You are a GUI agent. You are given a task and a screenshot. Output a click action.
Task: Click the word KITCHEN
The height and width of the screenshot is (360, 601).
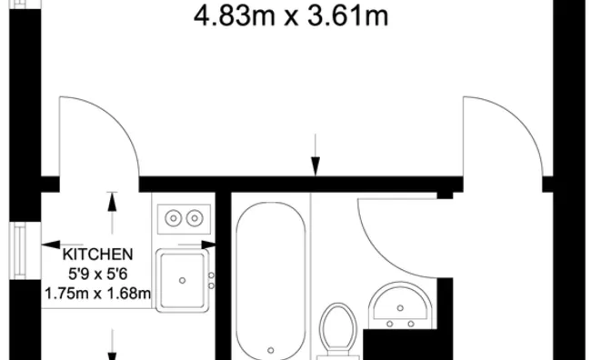pos(97,255)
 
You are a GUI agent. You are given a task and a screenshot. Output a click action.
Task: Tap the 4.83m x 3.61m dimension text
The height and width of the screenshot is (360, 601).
pos(291,16)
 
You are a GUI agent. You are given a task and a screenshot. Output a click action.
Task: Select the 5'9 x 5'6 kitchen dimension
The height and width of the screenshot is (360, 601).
pos(97,275)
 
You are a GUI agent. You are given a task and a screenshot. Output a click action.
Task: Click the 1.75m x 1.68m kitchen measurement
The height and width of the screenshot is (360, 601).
pos(97,294)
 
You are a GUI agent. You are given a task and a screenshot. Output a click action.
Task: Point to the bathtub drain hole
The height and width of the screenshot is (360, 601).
pos(271,350)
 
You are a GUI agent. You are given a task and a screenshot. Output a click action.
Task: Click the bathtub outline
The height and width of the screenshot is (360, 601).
pos(236,280)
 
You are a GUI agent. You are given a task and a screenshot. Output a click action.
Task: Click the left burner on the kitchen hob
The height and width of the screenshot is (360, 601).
pos(174,218)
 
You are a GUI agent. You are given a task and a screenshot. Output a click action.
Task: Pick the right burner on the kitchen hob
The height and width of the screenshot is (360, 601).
pos(195,218)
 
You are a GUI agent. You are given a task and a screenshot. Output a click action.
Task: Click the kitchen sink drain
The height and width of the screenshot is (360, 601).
pos(183,281)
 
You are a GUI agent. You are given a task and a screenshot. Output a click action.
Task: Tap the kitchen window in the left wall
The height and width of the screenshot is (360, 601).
pos(20,251)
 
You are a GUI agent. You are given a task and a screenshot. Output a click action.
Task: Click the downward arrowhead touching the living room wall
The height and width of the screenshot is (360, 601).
pos(316,166)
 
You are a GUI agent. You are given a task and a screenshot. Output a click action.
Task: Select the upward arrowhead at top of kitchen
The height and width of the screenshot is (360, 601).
pos(112,202)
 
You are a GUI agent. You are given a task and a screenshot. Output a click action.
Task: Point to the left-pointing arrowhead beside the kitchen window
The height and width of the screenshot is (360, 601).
pos(51,245)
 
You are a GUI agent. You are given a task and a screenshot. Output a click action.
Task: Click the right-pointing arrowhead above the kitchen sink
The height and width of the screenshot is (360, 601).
pos(208,245)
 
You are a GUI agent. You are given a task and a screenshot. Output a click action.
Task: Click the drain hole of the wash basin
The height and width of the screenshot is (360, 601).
pos(400,308)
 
